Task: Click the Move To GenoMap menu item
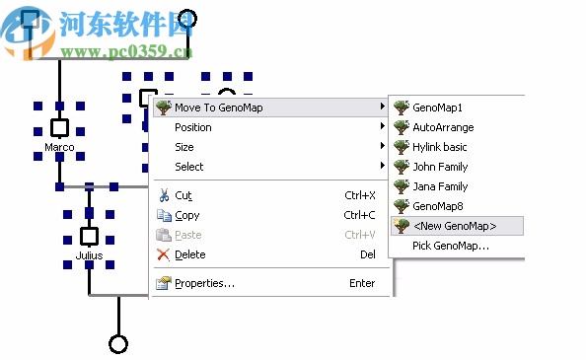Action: point(219,108)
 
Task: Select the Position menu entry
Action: point(193,127)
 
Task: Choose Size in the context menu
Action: point(184,147)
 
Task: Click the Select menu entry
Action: point(189,167)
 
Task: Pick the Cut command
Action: point(183,195)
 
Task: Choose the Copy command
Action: point(187,215)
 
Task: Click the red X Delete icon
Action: point(164,254)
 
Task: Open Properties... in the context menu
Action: point(204,284)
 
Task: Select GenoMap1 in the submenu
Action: point(437,108)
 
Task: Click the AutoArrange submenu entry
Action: point(443,127)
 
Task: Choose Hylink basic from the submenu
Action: point(440,147)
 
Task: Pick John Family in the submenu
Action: point(440,167)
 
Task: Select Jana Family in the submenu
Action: point(440,186)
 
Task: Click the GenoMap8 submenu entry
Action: point(437,206)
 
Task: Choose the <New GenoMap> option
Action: point(454,226)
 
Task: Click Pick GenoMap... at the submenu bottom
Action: point(451,246)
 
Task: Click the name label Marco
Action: point(59,148)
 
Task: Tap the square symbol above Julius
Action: point(89,236)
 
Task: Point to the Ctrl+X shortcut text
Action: point(359,195)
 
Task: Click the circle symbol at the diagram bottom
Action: point(118,344)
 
